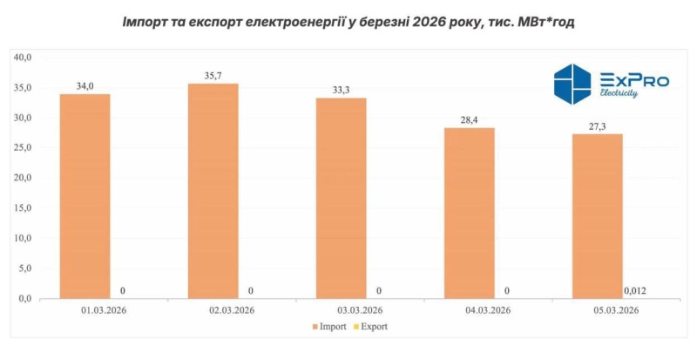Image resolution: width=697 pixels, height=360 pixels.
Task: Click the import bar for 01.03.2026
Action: click(x=85, y=196)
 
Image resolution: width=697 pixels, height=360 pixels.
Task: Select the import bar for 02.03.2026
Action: click(x=213, y=192)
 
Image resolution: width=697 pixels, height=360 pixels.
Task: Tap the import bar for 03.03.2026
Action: click(x=341, y=199)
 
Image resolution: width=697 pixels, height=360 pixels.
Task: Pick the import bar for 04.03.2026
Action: click(x=469, y=214)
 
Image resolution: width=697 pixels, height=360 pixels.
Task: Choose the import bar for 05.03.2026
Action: click(x=597, y=216)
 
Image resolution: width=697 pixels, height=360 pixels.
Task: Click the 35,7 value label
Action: click(x=213, y=76)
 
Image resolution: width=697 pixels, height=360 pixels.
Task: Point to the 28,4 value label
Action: click(x=469, y=120)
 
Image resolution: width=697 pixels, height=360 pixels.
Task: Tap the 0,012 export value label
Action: click(x=635, y=290)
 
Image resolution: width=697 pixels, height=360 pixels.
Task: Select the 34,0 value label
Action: click(x=85, y=85)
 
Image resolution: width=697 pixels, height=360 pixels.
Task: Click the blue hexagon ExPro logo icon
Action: click(x=573, y=84)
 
